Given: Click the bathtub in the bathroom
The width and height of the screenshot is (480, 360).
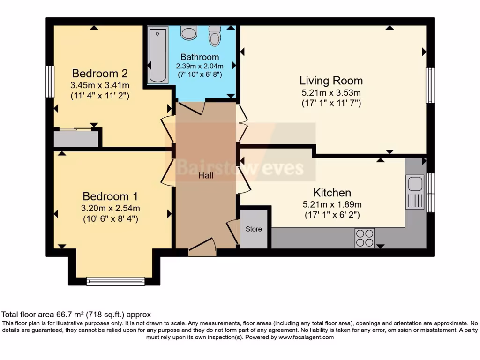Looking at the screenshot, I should click(157, 55).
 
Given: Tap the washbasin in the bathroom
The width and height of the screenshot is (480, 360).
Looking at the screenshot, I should click(189, 33).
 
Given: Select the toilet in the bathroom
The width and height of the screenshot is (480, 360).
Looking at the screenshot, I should click(215, 36).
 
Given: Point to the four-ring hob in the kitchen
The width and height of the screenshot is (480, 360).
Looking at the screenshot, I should click(365, 238).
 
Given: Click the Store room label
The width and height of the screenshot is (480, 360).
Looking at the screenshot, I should click(254, 229).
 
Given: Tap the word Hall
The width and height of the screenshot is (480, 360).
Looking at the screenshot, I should click(205, 175).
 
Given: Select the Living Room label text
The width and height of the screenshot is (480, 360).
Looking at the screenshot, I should click(331, 81).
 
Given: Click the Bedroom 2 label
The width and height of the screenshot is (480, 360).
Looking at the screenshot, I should click(99, 74).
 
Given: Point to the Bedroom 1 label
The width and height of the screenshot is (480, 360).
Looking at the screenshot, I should click(110, 196).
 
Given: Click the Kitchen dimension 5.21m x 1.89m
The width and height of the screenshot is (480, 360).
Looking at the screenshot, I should click(331, 205).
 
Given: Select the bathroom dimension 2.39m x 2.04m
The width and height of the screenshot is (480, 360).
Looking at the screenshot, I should click(199, 66).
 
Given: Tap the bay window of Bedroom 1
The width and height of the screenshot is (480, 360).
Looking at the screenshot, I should click(115, 281).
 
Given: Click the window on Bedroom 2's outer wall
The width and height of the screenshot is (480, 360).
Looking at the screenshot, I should click(50, 82).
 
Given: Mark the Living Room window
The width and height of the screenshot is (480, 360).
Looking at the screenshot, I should click(429, 85).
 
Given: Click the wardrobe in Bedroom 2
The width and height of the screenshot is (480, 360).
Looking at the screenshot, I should click(76, 139).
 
